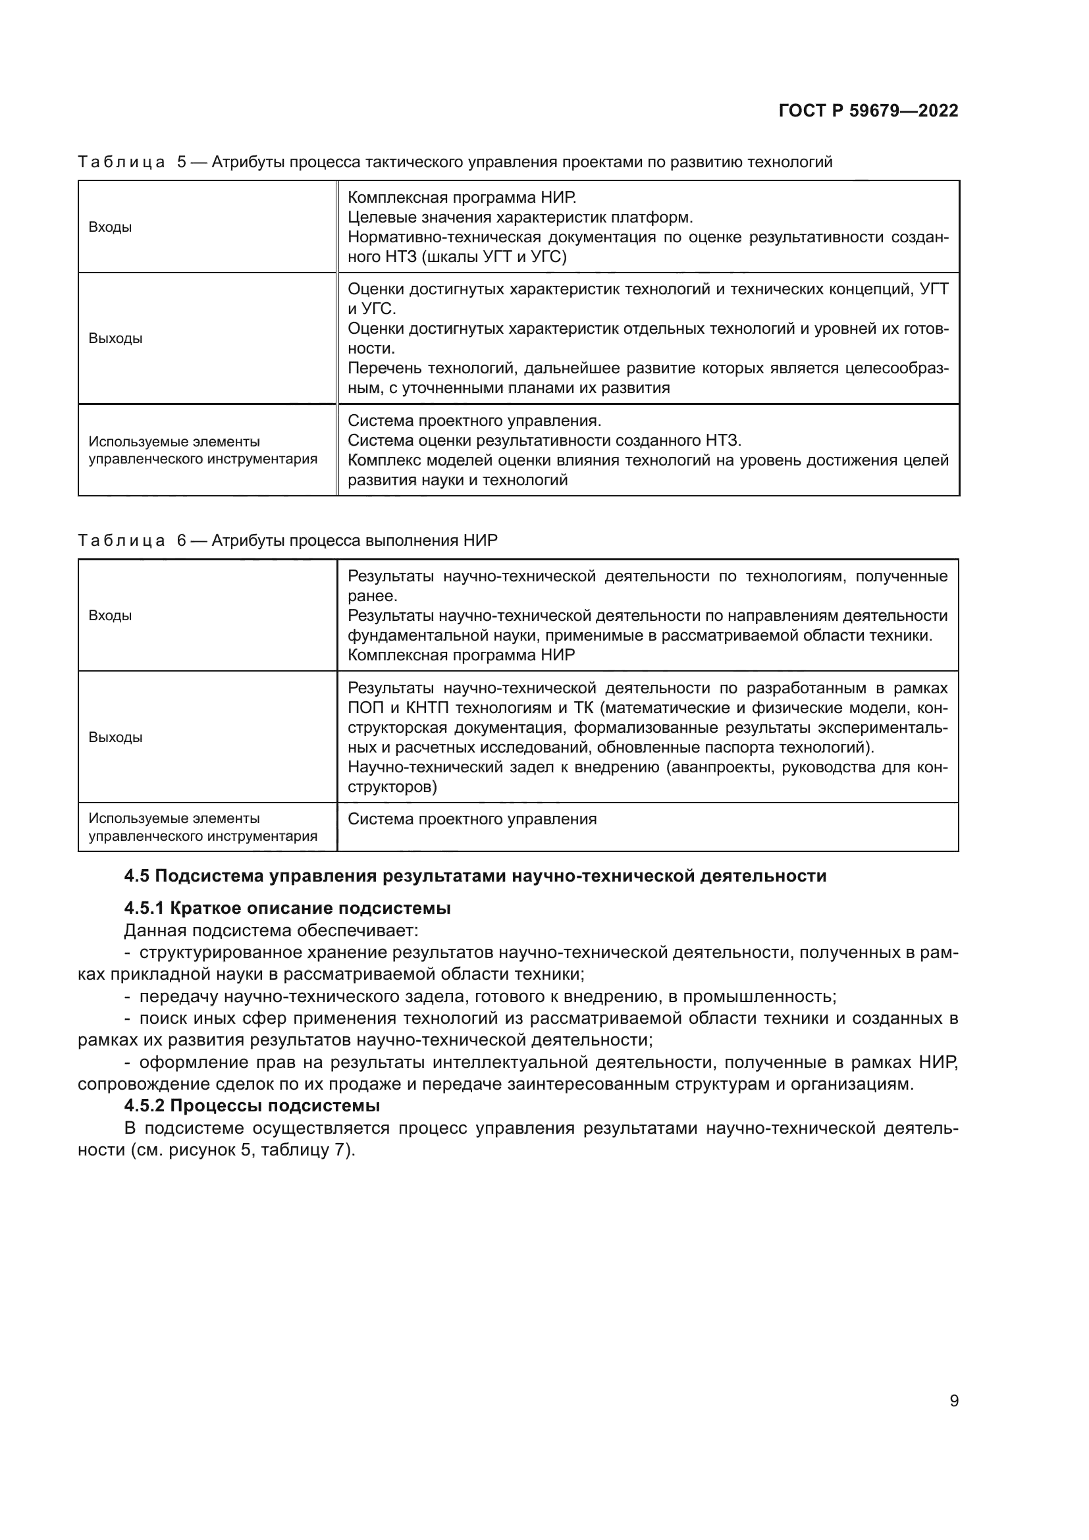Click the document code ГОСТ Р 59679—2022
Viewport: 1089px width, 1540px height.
click(868, 111)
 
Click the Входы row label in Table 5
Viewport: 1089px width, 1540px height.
click(110, 227)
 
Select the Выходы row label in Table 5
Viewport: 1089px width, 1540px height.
click(115, 338)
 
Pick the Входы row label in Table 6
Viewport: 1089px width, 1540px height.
click(110, 616)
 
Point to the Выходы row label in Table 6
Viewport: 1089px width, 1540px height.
click(115, 738)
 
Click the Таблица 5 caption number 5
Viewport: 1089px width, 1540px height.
click(182, 163)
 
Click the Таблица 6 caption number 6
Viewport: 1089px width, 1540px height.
click(182, 541)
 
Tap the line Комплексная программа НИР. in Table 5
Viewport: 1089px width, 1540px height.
click(462, 198)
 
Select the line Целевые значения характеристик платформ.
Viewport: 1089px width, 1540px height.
click(520, 218)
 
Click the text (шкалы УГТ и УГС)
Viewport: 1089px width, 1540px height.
click(494, 257)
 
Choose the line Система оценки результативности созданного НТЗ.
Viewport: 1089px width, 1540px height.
click(544, 440)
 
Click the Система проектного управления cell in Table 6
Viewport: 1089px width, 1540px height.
click(472, 820)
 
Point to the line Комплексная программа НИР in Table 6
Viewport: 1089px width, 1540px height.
click(462, 655)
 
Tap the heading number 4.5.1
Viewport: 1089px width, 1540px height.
click(144, 908)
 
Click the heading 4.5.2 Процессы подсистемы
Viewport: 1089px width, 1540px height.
click(252, 1105)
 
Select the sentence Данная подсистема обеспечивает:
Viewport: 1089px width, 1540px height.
click(271, 930)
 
